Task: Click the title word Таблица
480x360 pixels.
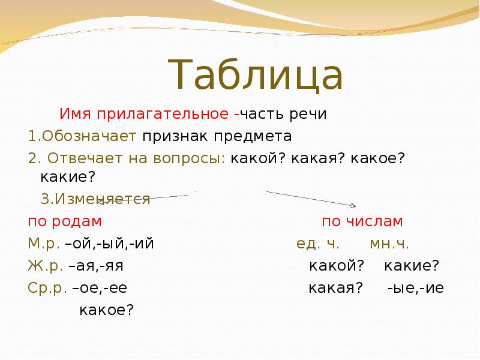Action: click(x=256, y=75)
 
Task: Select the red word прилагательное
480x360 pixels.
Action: click(x=163, y=114)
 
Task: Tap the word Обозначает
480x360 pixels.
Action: click(x=89, y=136)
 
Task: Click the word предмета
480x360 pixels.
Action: click(x=253, y=137)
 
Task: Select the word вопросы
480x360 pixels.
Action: click(x=189, y=159)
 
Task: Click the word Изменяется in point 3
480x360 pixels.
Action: click(x=103, y=199)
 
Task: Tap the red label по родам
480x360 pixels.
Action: click(x=65, y=221)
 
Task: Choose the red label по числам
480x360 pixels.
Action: click(x=362, y=221)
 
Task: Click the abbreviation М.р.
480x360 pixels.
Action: click(x=44, y=244)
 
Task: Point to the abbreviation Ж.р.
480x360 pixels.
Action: click(x=46, y=266)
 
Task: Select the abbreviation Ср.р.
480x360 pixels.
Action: click(x=47, y=288)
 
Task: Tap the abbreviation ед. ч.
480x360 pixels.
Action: click(x=318, y=244)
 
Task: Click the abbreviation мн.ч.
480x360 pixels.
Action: click(x=389, y=244)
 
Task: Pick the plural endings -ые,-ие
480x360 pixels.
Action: click(x=416, y=289)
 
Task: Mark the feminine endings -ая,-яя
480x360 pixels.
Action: click(x=97, y=266)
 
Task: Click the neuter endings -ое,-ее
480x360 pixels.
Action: click(x=100, y=289)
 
